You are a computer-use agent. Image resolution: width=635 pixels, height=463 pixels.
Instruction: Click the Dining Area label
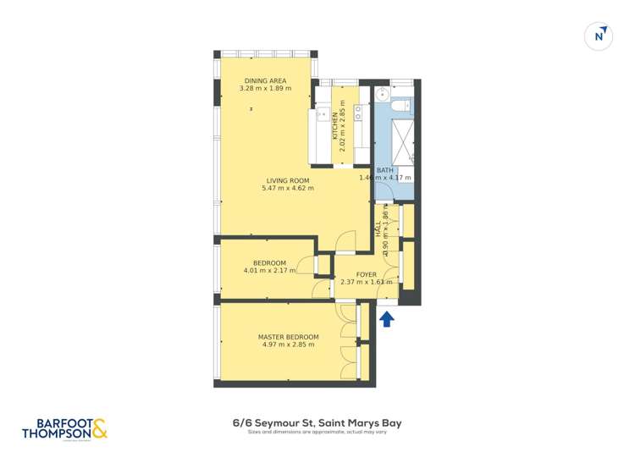(265, 80)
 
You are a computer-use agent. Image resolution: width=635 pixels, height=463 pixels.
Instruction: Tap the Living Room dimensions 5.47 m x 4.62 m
(288, 189)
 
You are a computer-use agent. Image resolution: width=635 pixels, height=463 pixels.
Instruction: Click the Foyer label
(366, 274)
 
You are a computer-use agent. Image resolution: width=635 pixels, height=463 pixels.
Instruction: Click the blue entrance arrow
(386, 319)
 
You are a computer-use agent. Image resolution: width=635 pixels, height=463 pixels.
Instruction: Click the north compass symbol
(599, 36)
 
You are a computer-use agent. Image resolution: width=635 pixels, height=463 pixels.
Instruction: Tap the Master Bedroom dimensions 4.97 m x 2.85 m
(288, 344)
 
